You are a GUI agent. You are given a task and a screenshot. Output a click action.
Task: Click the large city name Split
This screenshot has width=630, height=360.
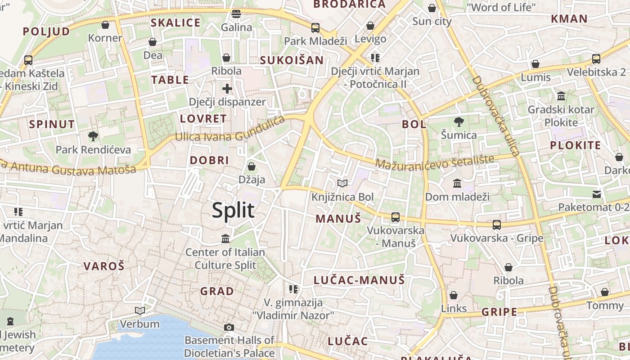(x=233, y=210)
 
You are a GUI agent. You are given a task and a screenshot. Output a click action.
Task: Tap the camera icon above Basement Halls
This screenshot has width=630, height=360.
(x=229, y=327)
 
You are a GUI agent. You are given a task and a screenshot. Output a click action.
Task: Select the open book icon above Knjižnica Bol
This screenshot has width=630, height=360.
(x=342, y=183)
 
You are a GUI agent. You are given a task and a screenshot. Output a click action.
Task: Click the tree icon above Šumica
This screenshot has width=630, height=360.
(x=459, y=121)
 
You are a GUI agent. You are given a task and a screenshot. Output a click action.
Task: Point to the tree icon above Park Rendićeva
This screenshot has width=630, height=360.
(x=93, y=136)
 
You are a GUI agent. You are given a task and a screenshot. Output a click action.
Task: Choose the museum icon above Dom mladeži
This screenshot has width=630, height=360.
(x=457, y=183)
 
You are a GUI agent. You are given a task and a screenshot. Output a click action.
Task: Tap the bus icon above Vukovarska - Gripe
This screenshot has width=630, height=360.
(x=497, y=225)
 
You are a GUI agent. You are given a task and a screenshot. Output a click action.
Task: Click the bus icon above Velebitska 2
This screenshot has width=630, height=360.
(x=596, y=58)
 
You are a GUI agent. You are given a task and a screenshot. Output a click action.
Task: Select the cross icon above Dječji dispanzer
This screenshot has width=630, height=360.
(x=227, y=88)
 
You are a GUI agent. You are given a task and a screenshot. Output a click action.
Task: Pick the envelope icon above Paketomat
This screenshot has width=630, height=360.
(x=597, y=194)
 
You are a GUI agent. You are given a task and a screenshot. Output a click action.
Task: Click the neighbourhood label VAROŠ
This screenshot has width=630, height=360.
(x=103, y=266)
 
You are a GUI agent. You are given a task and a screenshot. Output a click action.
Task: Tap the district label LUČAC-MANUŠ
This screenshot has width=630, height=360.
(x=359, y=280)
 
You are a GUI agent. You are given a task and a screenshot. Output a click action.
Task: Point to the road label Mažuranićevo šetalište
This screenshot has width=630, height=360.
(x=435, y=162)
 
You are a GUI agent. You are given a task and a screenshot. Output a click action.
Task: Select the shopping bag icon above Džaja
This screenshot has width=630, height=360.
(x=252, y=166)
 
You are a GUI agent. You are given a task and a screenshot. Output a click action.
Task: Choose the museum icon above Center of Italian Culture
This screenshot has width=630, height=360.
(x=225, y=238)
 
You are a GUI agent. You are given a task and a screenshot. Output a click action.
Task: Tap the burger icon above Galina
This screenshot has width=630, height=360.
(x=236, y=14)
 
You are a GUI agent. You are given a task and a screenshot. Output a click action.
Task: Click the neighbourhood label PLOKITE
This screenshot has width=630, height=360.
(x=576, y=145)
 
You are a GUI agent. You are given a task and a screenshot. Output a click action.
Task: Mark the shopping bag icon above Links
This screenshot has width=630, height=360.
(x=454, y=295)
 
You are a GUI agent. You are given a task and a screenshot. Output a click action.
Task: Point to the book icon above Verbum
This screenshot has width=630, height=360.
(x=140, y=310)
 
